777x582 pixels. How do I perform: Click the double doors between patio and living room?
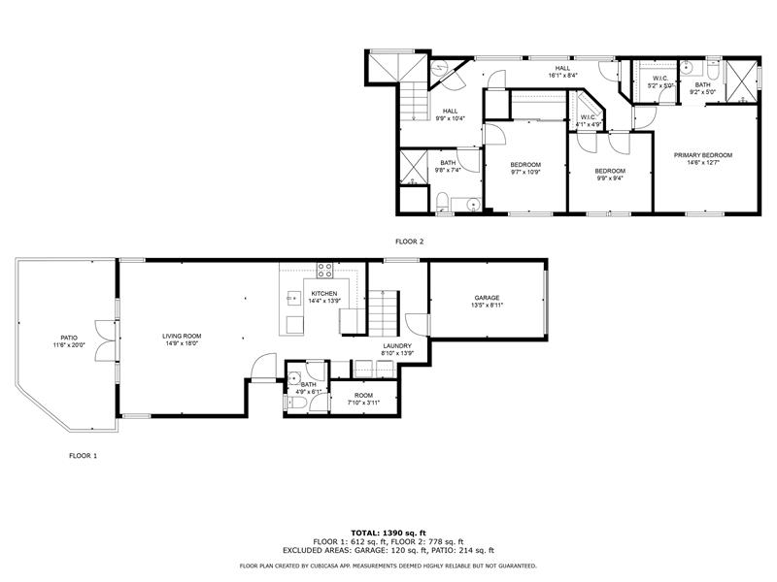100,333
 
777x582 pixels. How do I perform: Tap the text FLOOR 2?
409,242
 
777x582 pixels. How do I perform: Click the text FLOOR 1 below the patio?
83,455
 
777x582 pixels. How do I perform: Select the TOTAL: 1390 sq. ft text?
388,533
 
